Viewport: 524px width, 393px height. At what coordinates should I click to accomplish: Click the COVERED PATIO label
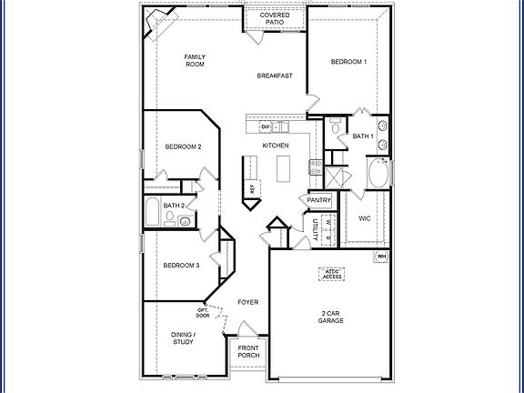point(274,19)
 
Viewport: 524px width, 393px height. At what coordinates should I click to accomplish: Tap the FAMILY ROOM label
point(196,60)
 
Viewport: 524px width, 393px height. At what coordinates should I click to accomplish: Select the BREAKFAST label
point(274,76)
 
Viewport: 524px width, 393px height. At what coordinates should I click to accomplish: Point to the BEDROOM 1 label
point(348,62)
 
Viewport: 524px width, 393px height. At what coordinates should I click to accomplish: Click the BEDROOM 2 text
point(183,146)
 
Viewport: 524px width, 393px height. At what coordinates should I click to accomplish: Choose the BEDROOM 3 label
point(181,265)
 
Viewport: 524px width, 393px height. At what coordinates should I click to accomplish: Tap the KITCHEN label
point(276,146)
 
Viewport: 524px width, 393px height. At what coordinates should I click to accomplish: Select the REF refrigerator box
point(252,187)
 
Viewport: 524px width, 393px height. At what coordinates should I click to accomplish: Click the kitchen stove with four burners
point(316,166)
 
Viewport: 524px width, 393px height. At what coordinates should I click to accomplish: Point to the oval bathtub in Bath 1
point(378,172)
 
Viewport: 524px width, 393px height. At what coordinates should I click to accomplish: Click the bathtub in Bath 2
point(153,213)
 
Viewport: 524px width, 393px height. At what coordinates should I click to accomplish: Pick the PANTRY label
point(318,200)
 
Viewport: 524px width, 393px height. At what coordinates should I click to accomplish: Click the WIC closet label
point(364,218)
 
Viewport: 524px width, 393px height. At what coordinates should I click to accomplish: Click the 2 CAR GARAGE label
point(329,317)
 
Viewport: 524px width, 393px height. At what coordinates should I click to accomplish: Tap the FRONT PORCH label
point(249,353)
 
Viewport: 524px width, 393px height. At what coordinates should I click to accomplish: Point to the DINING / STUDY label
point(183,338)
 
